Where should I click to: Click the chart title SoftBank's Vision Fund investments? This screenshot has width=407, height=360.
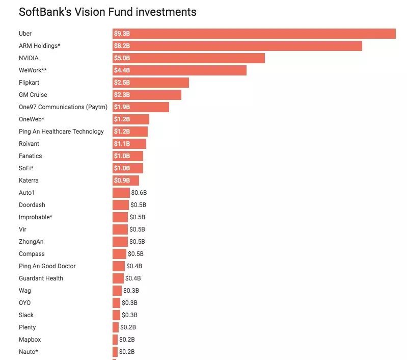coord(107,12)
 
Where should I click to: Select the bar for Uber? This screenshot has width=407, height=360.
coord(254,34)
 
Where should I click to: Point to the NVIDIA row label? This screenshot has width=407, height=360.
coord(29,58)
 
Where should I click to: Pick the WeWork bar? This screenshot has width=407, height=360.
coord(179,70)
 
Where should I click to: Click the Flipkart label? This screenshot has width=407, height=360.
coord(30,83)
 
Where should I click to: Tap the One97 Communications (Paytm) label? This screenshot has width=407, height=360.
coord(63,107)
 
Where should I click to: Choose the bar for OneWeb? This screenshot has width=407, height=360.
coord(131,119)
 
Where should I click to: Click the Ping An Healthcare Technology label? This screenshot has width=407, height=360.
coord(61,132)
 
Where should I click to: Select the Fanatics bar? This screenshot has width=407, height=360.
coord(128,156)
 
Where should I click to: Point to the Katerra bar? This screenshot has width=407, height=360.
coord(126,181)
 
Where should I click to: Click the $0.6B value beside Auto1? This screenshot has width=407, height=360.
coord(139,193)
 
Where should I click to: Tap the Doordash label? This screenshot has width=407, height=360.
coord(32,205)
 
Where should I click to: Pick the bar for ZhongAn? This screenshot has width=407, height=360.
coord(120,242)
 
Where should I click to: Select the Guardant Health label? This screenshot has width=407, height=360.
coord(41,278)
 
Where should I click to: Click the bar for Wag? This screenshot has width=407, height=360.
coord(117,291)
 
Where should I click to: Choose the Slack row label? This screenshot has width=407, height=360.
coord(26,315)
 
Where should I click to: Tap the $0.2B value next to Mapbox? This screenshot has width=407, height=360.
coord(127,340)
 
